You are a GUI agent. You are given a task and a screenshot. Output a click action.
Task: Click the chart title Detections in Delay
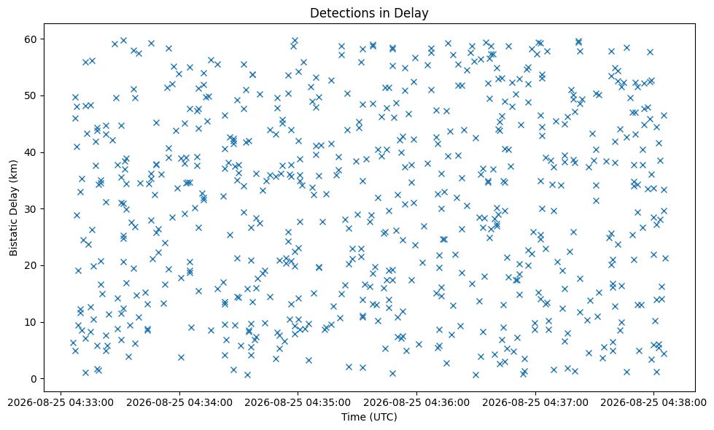tap(369, 13)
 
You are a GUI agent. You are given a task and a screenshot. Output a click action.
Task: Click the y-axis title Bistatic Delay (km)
tap(13, 208)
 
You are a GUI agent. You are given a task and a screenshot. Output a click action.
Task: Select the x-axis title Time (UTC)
tap(369, 417)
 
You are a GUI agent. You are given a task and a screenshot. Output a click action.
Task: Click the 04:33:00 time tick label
tap(61, 403)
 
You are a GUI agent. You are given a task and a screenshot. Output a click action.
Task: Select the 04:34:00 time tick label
tap(179, 403)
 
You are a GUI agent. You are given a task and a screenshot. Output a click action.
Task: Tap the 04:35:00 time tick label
tap(298, 403)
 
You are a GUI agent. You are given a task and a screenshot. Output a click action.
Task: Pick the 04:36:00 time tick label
tap(416, 403)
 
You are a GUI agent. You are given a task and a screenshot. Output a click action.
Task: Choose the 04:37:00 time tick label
tap(535, 403)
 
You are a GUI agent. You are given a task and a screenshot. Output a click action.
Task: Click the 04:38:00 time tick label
tap(653, 403)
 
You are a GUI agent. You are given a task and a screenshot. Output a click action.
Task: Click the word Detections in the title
tap(339, 13)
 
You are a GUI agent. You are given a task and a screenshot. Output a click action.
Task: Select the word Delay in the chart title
tap(414, 14)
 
